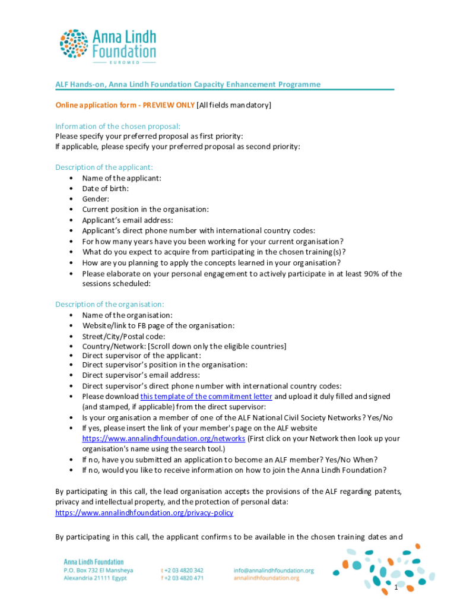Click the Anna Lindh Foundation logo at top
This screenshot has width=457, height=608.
point(107,45)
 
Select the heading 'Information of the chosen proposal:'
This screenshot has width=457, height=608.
point(118,126)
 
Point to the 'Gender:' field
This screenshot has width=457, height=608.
point(96,199)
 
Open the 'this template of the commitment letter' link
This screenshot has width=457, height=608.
point(206,396)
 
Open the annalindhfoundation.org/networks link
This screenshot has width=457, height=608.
point(163,438)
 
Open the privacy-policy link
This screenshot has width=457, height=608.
point(144,512)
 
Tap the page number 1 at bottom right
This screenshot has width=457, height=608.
point(396,588)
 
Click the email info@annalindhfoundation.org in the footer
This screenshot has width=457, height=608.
point(273,571)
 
